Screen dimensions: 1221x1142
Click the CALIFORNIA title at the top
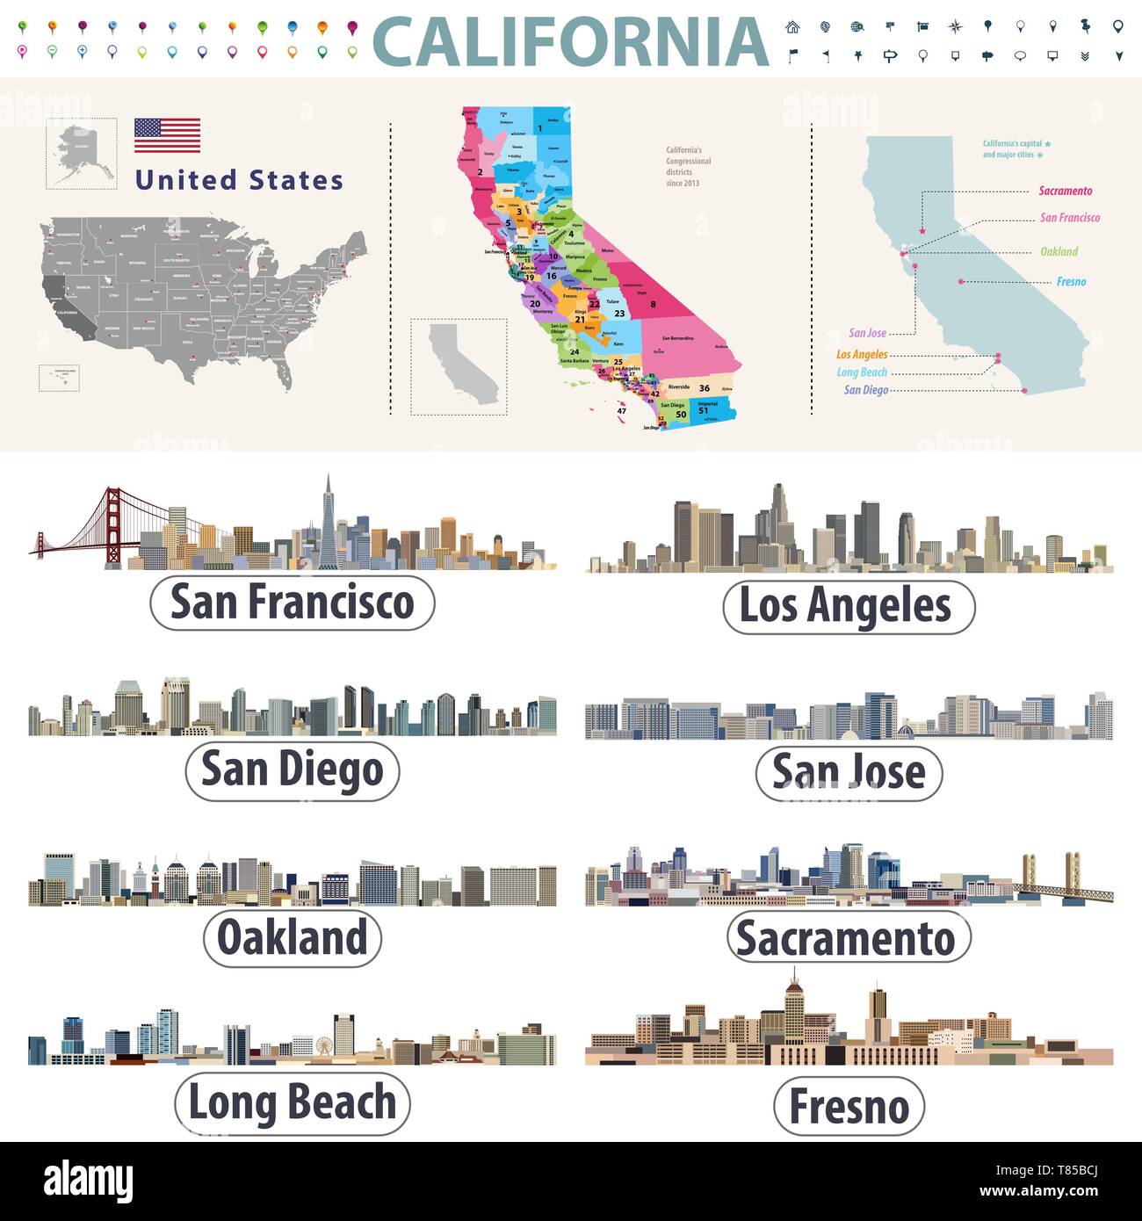point(570,42)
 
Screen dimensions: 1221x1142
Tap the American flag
point(167,135)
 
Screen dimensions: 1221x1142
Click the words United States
point(239,180)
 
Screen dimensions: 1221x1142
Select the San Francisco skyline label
point(293,603)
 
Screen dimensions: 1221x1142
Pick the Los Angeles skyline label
point(848,606)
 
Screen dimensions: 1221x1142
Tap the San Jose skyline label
point(849,773)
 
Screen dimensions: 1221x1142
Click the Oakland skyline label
point(293,937)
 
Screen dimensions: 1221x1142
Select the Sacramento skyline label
point(848,938)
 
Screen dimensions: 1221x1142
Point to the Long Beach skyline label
point(293,1102)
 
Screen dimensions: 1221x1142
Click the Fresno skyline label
point(849,1106)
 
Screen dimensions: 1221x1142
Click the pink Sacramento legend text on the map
point(1065,191)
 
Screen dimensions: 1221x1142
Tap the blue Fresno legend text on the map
point(1071,282)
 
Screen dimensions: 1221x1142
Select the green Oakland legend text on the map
point(1059,251)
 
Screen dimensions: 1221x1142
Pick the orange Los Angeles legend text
point(862,355)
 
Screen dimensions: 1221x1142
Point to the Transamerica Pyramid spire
point(328,492)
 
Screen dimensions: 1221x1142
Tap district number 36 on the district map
point(704,387)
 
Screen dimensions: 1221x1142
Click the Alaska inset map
point(81,154)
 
